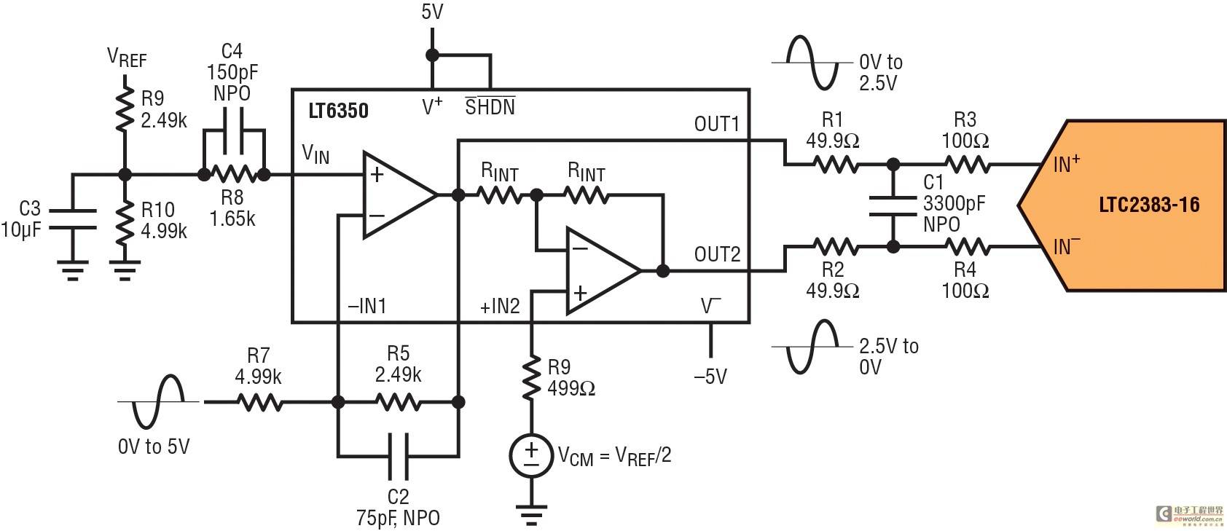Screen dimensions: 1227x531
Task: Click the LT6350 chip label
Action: point(338,111)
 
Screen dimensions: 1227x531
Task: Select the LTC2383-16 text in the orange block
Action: point(1149,205)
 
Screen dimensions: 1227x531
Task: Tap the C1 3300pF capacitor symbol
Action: point(893,206)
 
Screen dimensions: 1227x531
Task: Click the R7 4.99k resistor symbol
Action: point(259,402)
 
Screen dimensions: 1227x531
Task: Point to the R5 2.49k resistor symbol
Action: point(399,402)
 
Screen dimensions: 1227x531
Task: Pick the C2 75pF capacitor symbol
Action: point(399,456)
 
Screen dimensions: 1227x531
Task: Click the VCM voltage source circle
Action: point(530,455)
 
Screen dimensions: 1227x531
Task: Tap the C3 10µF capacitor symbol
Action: point(72,219)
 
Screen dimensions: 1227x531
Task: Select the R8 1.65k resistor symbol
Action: point(234,175)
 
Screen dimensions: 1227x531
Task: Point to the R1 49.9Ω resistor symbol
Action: point(835,164)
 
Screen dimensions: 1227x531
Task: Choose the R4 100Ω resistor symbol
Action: point(968,247)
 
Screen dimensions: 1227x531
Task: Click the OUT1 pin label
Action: point(716,125)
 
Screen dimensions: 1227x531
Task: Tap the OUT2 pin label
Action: point(717,254)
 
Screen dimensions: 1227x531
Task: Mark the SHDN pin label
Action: point(490,106)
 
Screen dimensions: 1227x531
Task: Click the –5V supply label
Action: point(710,377)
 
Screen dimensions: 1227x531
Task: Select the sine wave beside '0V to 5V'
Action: point(158,402)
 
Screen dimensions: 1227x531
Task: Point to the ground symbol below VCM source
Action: point(530,514)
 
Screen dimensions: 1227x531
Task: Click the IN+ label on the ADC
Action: point(1067,164)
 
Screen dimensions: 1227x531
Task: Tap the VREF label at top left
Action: point(127,58)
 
